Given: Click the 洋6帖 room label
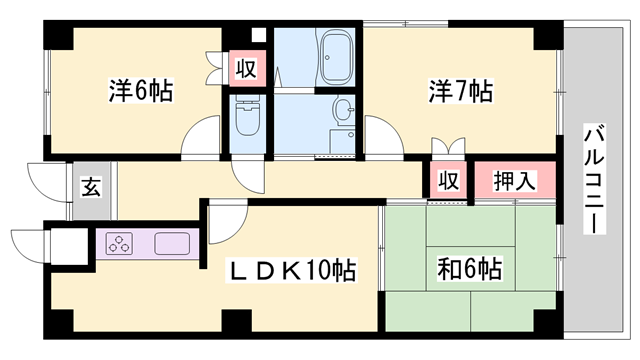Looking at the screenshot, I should point(140,91).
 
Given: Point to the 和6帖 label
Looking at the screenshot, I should point(469,268).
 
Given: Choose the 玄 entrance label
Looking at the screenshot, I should point(89,185).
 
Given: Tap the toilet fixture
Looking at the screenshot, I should point(246,120).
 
